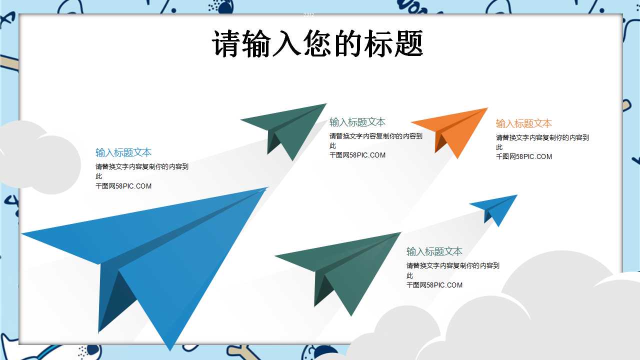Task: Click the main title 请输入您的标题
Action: (x=317, y=43)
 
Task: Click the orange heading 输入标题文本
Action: (x=523, y=123)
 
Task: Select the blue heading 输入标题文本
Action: (x=123, y=152)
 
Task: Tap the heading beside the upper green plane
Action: (x=357, y=122)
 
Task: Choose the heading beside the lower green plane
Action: (x=434, y=251)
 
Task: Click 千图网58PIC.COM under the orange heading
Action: (x=523, y=156)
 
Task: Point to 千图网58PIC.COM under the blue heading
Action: (x=123, y=186)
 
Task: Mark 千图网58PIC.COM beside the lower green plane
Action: (x=434, y=285)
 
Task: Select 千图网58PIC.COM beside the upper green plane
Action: (x=357, y=155)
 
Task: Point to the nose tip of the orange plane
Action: (x=487, y=108)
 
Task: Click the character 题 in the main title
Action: (x=409, y=43)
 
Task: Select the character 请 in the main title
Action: (x=225, y=43)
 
